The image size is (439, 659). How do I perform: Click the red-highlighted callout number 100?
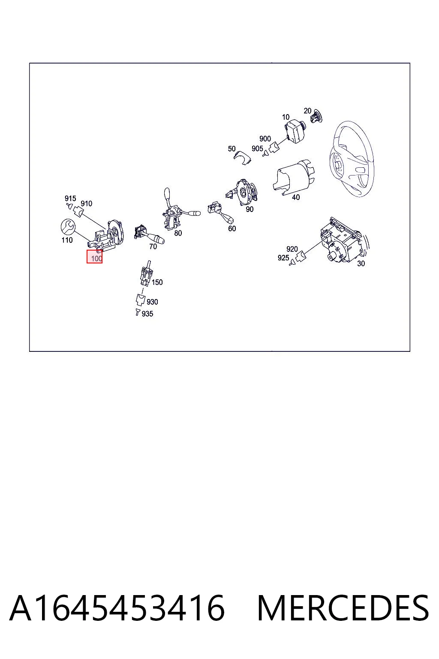tap(96, 259)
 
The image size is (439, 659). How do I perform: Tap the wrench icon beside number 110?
tap(68, 227)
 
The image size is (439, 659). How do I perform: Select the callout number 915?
tap(70, 199)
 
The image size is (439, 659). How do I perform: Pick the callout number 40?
tap(296, 197)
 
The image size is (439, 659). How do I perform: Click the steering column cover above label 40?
tap(294, 177)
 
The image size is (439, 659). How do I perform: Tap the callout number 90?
tap(250, 209)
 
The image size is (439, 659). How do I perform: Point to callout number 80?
tap(178, 233)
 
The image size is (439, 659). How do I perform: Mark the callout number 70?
tap(153, 247)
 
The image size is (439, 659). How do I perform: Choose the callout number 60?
tap(232, 228)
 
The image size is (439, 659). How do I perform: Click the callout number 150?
tap(157, 282)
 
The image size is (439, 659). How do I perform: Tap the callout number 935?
tap(147, 314)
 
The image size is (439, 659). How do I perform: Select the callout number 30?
tap(361, 263)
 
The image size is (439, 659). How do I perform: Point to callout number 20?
tap(307, 111)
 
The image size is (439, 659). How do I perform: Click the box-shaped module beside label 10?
tap(295, 132)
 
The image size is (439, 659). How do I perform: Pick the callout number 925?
tap(283, 258)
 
